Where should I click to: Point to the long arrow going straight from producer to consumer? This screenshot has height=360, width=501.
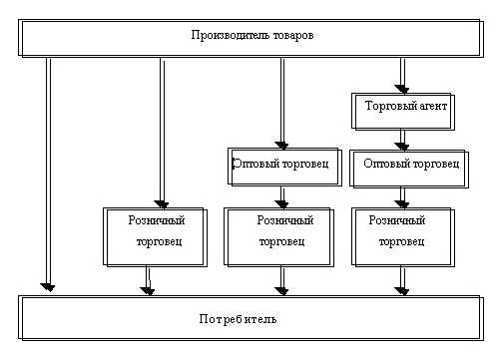pyautogui.click(x=47, y=170)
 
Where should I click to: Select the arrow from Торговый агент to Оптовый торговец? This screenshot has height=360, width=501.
pyautogui.click(x=402, y=138)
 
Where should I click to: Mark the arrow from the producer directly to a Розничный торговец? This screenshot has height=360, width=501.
pyautogui.click(x=161, y=130)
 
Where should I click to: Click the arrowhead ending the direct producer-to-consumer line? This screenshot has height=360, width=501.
pyautogui.click(x=47, y=287)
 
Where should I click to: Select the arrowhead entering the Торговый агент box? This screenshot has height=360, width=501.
pyautogui.click(x=402, y=88)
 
